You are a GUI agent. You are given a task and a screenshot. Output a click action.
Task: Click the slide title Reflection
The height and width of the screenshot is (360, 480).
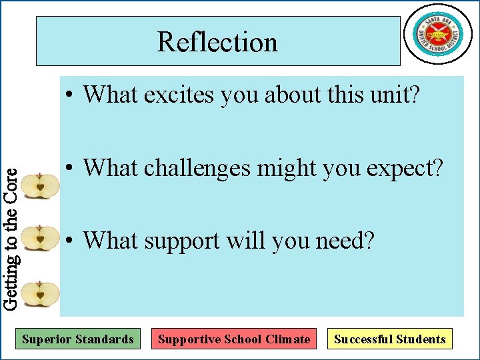(217, 42)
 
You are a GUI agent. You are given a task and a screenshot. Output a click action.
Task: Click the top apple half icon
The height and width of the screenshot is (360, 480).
(40, 186)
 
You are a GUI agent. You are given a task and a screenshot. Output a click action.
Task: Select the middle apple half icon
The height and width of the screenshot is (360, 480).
(40, 238)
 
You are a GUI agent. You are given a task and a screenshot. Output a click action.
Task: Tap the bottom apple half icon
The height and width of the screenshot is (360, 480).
(40, 293)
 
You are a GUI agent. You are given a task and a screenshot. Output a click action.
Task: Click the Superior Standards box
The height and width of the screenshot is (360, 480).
(78, 339)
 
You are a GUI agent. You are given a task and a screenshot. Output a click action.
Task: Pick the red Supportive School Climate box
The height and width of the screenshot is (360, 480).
(233, 339)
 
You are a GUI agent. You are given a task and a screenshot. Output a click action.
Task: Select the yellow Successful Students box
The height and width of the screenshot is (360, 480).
(390, 339)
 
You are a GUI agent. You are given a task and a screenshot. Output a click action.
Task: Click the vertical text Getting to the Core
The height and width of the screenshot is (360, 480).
(10, 237)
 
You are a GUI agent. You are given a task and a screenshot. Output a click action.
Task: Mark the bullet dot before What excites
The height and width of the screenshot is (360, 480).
(69, 95)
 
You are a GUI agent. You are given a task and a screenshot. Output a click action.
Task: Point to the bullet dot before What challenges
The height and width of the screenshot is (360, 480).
(69, 169)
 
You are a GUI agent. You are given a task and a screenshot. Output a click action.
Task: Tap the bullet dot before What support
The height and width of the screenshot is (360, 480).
(69, 241)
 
